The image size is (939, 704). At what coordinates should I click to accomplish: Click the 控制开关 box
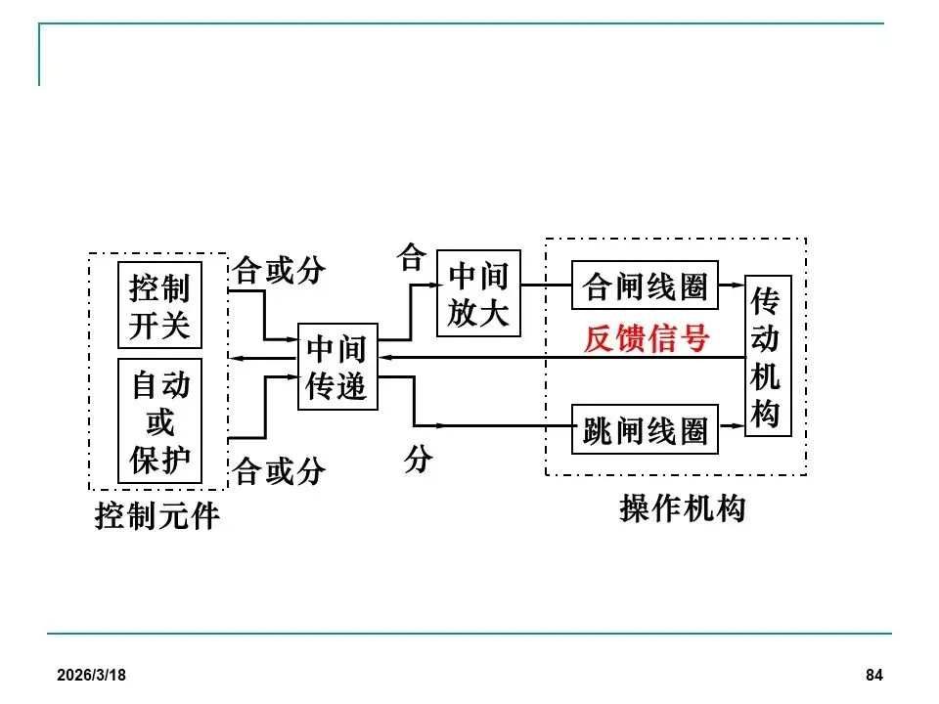tap(159, 305)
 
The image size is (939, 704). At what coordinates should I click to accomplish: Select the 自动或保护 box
tap(159, 421)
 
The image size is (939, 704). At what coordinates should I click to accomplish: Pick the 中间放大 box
tap(478, 293)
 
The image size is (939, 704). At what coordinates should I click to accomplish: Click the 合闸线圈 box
tap(645, 286)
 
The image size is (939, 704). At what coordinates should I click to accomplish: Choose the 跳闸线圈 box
tap(645, 430)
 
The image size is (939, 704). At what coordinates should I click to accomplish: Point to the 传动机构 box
tap(767, 356)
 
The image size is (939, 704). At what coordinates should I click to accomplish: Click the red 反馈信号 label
tap(646, 338)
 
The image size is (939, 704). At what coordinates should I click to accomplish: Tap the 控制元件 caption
tap(156, 515)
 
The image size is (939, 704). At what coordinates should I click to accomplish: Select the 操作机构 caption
tap(682, 508)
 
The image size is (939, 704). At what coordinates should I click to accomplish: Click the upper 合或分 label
tap(279, 270)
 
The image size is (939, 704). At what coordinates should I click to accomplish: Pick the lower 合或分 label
tap(279, 472)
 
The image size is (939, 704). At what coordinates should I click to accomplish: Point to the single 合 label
tap(411, 258)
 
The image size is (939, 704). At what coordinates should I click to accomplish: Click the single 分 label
tap(418, 460)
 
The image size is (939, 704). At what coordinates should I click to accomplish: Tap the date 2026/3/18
tap(91, 676)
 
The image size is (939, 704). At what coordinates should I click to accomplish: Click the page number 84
tap(874, 676)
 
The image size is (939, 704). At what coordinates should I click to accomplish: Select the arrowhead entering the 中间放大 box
tap(430, 284)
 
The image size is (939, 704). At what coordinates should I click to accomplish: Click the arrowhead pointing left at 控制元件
tap(236, 359)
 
